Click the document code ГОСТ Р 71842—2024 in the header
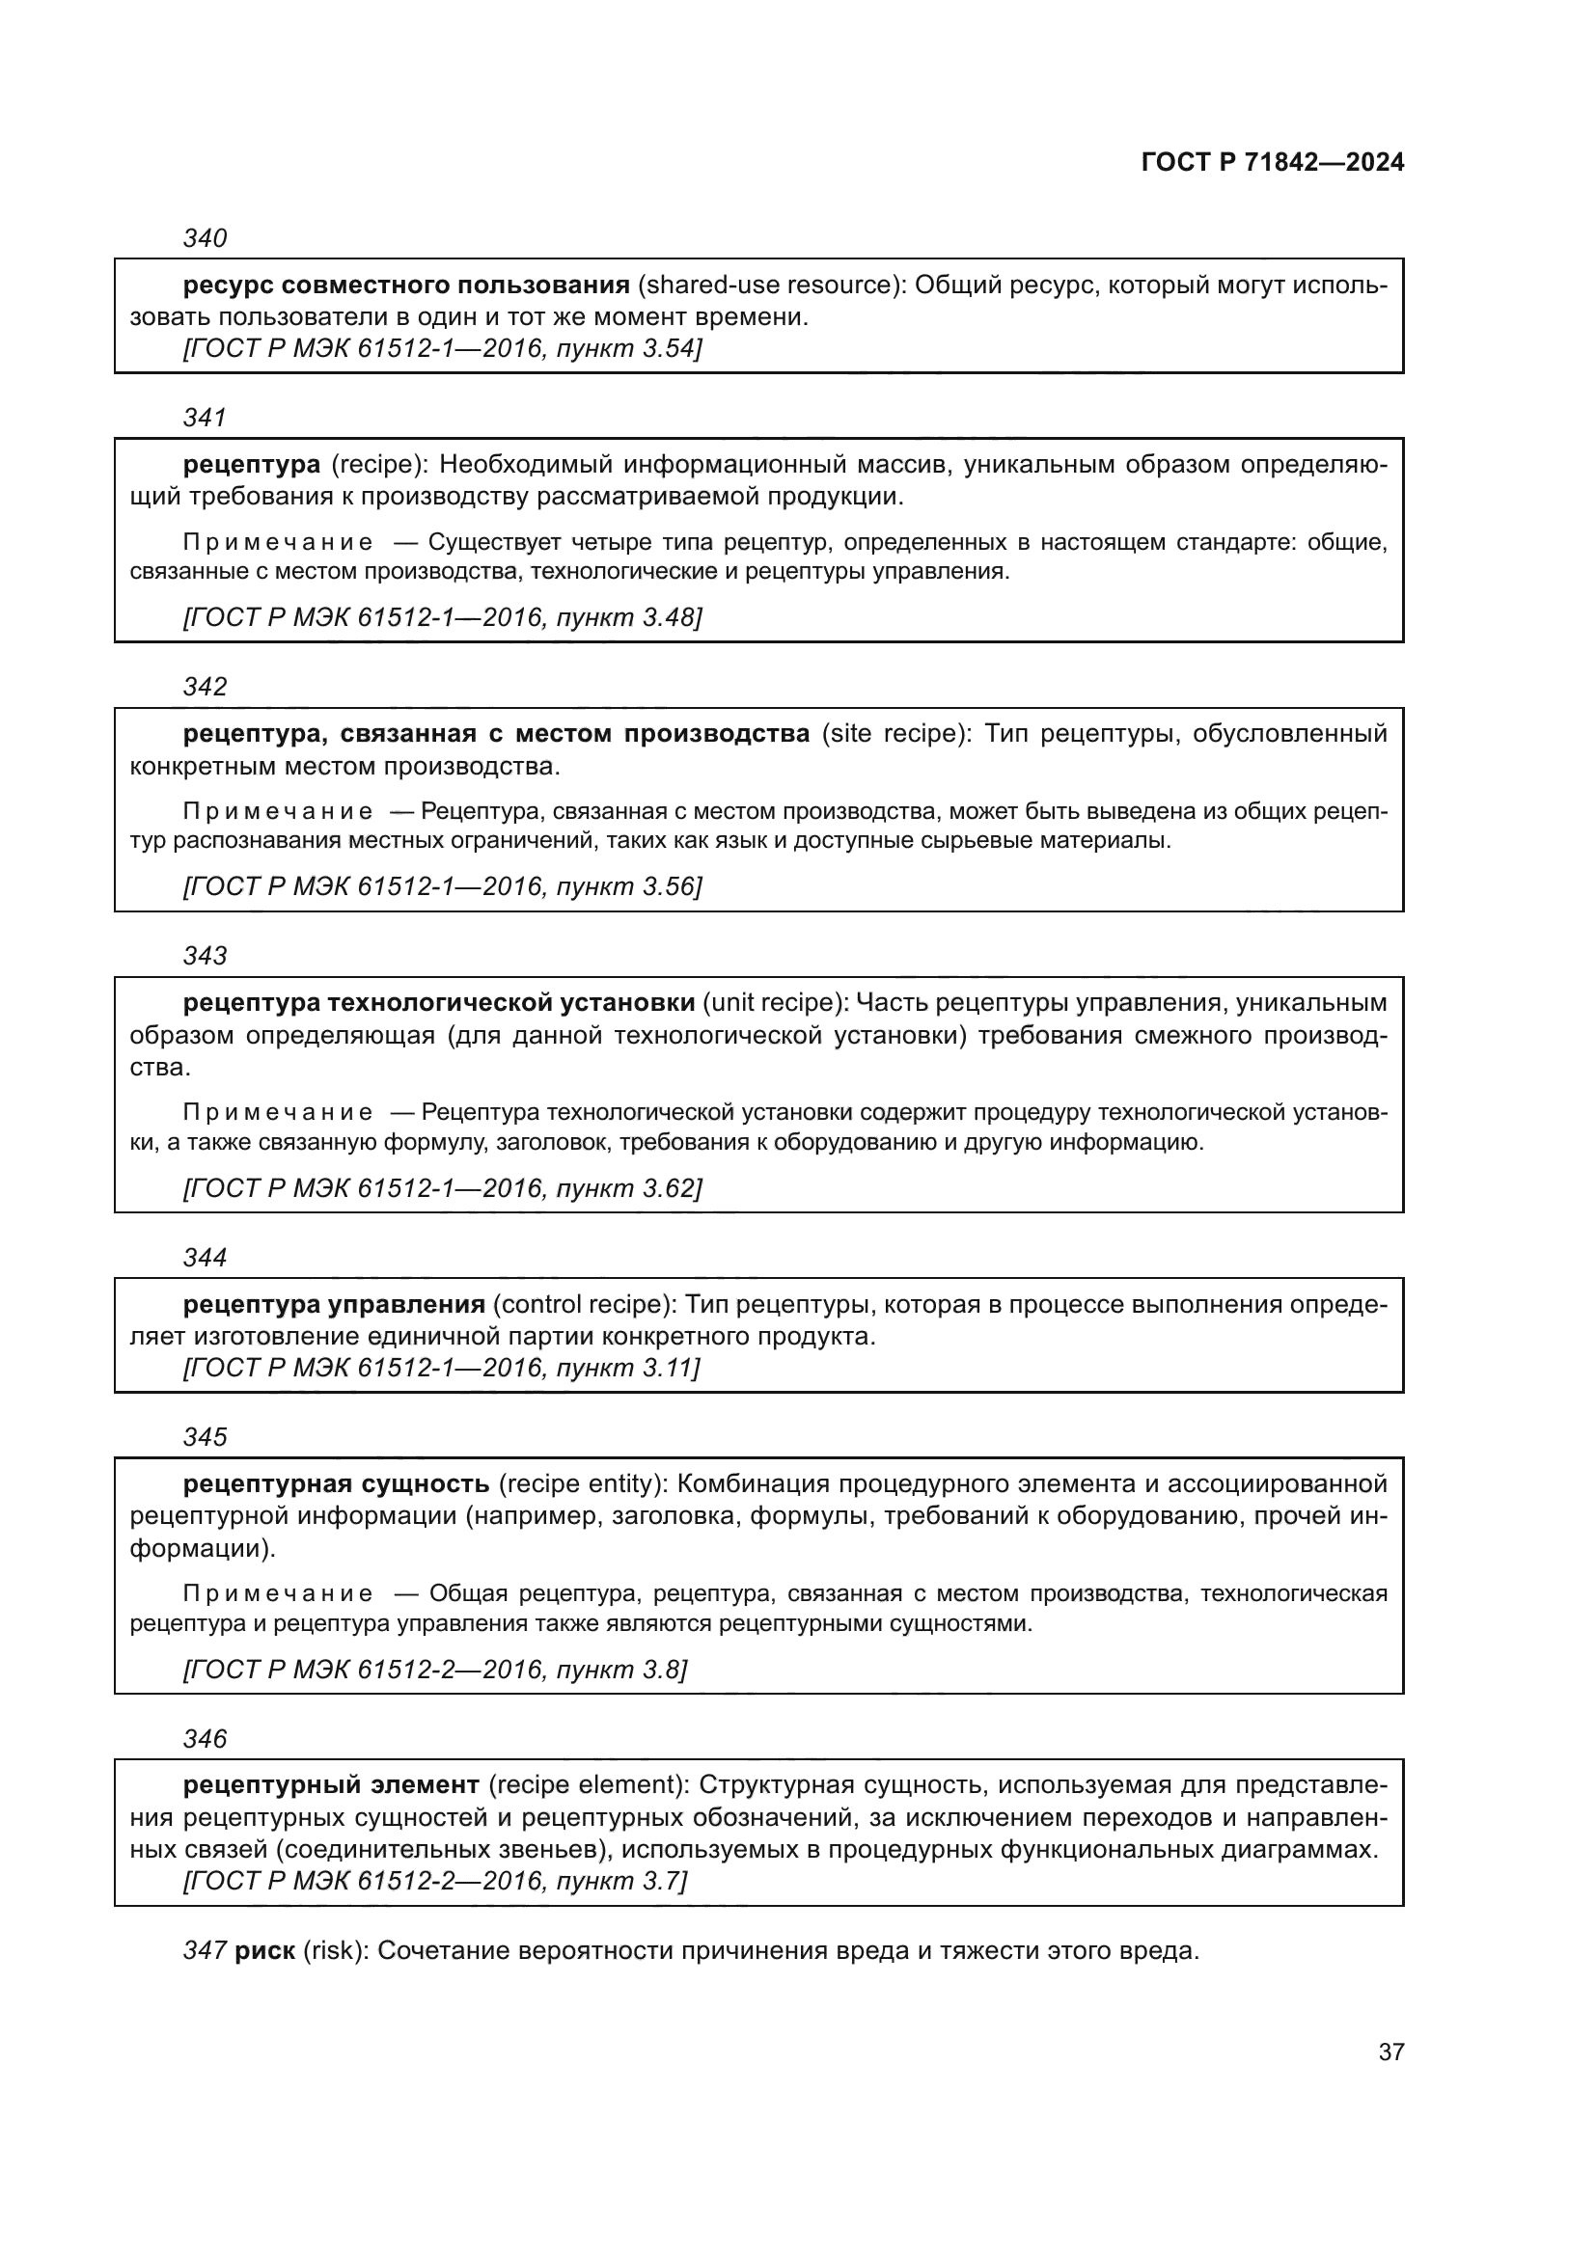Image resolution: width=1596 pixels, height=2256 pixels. (1273, 162)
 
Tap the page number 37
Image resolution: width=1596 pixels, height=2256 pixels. (1390, 2052)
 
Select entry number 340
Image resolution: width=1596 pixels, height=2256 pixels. (205, 238)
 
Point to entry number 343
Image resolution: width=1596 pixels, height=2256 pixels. (205, 955)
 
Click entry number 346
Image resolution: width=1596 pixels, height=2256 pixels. (205, 1739)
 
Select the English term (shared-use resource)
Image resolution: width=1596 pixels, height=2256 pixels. (772, 285)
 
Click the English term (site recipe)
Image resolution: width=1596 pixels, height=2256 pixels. (894, 734)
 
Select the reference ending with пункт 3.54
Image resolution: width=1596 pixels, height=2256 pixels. (442, 349)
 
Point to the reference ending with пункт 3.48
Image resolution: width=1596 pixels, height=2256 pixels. (442, 617)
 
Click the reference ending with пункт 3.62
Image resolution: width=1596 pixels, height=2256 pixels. (442, 1189)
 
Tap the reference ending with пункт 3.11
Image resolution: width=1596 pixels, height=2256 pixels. (442, 1368)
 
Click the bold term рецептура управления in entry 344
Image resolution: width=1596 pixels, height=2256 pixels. (334, 1305)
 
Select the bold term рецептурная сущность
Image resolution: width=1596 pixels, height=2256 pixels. (336, 1483)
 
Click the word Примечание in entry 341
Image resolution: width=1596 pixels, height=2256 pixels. (278, 542)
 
